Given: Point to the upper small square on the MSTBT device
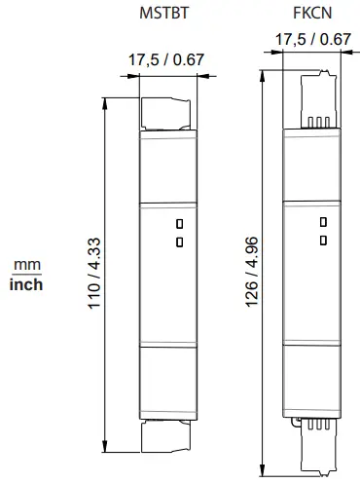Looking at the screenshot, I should pos(179,223).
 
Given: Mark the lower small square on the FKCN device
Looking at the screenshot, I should pos(323,239).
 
